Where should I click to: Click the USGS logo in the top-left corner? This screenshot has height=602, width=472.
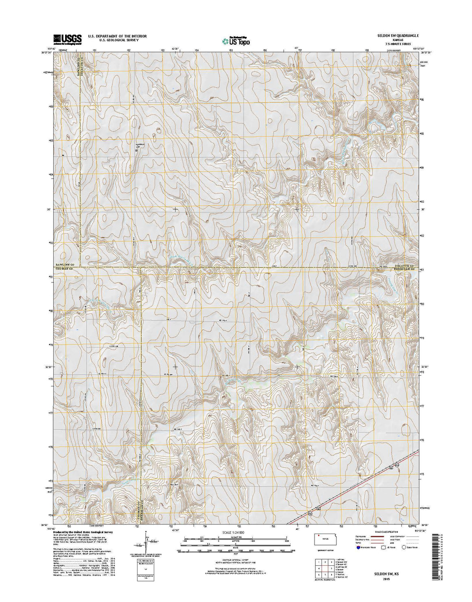pos(67,38)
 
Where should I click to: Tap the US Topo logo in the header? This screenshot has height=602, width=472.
pos(236,40)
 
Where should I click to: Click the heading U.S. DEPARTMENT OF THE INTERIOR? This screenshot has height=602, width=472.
pos(117,36)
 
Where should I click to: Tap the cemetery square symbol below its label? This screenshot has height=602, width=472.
pos(136,150)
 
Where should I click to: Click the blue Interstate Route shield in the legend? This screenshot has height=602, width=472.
pos(359,547)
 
